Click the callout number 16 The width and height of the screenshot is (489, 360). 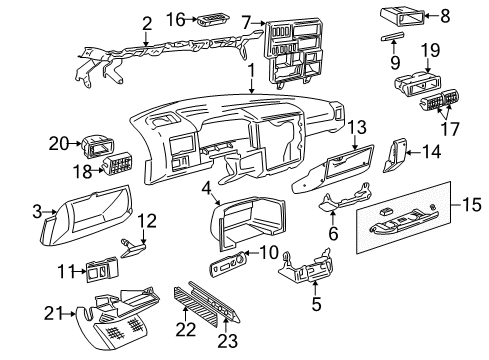tap(176, 19)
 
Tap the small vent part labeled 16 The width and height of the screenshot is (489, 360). tap(213, 20)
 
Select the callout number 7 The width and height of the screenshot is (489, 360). tap(246, 23)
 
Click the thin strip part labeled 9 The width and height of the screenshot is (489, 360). tap(393, 36)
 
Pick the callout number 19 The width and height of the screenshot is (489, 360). tap(430, 51)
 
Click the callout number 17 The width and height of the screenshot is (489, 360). tap(450, 129)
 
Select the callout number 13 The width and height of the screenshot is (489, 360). tap(357, 127)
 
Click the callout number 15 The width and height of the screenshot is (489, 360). tap(471, 204)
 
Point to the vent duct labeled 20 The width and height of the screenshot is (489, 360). tap(97, 146)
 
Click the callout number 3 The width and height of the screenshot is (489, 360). tap(37, 211)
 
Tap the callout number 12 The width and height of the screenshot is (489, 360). tap(147, 221)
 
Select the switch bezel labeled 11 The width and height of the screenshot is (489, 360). tap(102, 269)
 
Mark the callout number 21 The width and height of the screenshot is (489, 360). tap(54, 314)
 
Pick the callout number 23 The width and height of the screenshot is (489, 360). tap(228, 340)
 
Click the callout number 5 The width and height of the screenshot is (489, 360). tap(316, 304)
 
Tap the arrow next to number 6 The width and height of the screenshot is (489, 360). tap(333, 217)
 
